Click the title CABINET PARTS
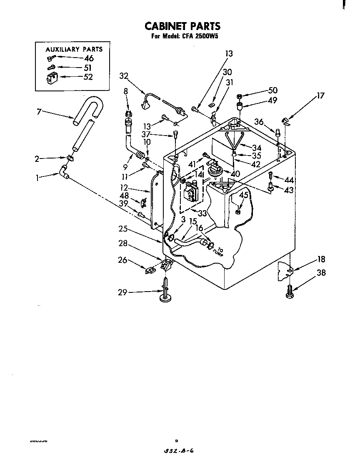[x=182, y=26]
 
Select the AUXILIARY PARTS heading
[x=74, y=49]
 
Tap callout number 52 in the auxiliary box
[x=87, y=77]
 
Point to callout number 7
[x=39, y=112]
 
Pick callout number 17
[x=320, y=96]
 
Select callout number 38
[x=321, y=274]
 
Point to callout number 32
[x=123, y=76]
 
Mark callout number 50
[x=273, y=91]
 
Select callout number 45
[x=244, y=195]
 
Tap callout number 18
[x=321, y=259]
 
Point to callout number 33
[x=202, y=213]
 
